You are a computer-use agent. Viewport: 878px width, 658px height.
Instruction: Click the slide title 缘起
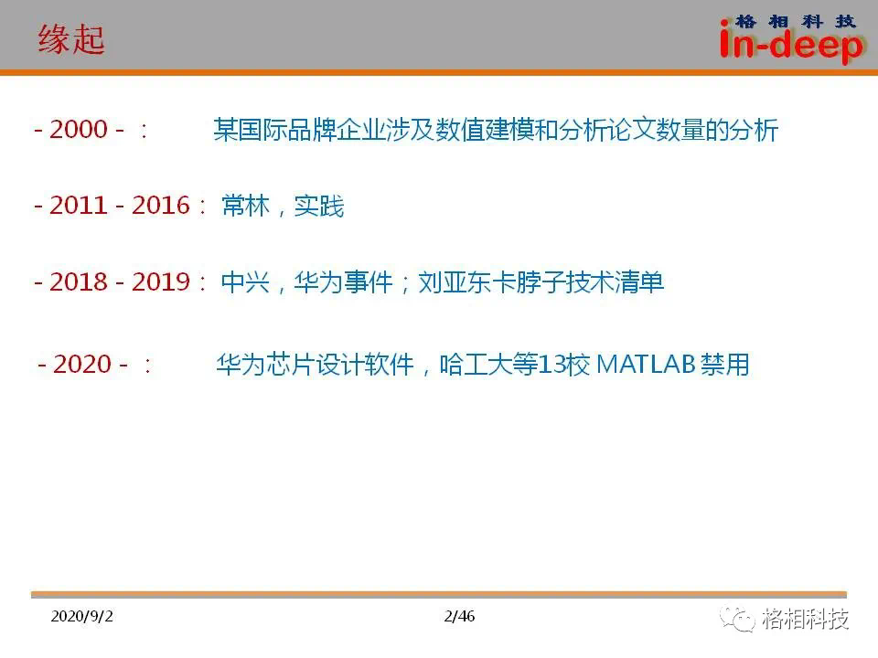[71, 39]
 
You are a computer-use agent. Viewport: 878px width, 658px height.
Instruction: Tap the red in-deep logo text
[791, 45]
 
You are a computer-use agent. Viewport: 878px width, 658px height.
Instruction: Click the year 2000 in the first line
[79, 129]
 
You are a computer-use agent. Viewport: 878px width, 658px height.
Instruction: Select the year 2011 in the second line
[79, 206]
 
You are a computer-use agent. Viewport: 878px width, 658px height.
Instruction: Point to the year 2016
[161, 206]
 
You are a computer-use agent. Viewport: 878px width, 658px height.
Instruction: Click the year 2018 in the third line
[79, 281]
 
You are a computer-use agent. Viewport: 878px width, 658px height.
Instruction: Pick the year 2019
[161, 281]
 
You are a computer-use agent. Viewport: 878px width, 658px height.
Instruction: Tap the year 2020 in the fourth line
[82, 365]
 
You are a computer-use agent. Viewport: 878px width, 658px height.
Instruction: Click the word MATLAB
[646, 365]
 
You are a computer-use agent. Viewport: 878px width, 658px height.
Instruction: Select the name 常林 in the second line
[246, 206]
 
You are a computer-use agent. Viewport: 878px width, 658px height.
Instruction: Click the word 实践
[319, 206]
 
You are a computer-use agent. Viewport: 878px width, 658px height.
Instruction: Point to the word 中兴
[246, 281]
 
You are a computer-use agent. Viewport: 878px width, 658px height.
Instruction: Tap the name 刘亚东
[455, 281]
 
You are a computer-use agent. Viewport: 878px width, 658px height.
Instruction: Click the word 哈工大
[476, 365]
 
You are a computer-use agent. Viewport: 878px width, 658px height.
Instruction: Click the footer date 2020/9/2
[81, 616]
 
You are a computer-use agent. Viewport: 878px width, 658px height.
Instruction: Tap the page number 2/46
[459, 616]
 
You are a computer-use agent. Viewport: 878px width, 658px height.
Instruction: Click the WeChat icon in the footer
[737, 620]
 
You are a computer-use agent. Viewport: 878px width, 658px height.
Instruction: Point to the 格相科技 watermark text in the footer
[805, 619]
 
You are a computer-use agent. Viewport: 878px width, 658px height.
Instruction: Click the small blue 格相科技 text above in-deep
[795, 22]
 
